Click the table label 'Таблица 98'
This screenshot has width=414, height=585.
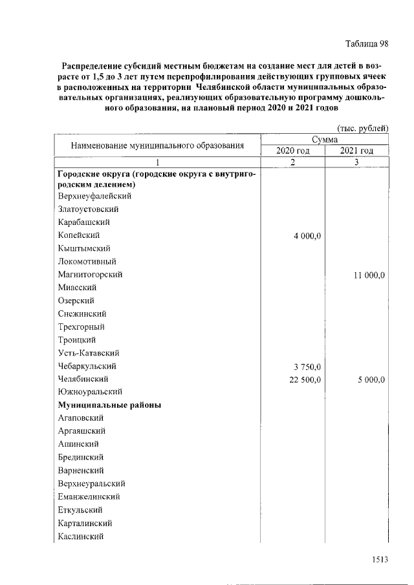[366, 44]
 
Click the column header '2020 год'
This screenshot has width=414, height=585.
[293, 151]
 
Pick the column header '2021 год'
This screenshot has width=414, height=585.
[357, 151]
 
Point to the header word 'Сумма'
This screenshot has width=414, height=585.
[325, 139]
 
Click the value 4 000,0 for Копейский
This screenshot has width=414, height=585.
[307, 235]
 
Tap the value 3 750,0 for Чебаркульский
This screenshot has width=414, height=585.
[307, 367]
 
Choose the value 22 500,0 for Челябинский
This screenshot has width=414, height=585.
[305, 379]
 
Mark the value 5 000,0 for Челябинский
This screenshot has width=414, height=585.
[371, 379]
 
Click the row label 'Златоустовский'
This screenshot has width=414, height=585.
[88, 209]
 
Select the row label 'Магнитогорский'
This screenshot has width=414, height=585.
[90, 275]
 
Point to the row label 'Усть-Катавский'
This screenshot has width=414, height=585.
[88, 353]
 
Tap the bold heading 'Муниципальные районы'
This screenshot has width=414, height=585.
[109, 405]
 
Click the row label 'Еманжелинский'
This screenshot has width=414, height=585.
[89, 496]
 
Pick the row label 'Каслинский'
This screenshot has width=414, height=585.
[81, 536]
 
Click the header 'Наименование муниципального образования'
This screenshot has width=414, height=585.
[157, 145]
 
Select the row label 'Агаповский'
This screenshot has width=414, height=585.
[80, 418]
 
